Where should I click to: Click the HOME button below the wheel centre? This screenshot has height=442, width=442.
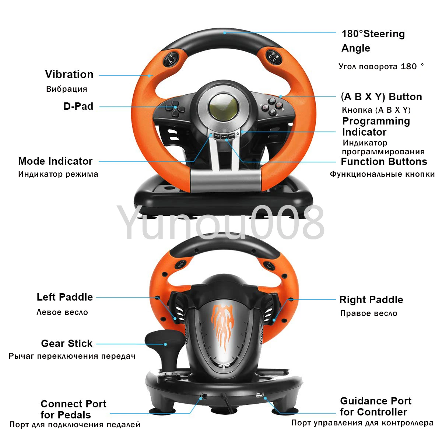(x=224, y=136)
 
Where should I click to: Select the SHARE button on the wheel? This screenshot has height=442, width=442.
(x=217, y=136)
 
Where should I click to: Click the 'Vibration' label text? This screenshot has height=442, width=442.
(x=69, y=74)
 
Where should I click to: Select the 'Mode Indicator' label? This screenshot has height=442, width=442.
(x=55, y=161)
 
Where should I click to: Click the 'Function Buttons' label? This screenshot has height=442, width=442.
(x=384, y=161)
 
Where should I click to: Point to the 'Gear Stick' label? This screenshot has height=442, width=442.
(x=67, y=343)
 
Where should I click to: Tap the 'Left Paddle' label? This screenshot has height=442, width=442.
(x=65, y=297)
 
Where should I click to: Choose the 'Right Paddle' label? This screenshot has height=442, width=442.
(x=371, y=299)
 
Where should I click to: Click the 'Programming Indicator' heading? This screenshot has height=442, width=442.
(x=376, y=126)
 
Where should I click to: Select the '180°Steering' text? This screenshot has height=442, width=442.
(x=373, y=34)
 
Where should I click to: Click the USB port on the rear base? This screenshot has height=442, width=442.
(x=259, y=395)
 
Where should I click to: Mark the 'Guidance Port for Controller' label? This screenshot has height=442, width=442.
(x=375, y=406)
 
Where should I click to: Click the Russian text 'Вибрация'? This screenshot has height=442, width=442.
(x=67, y=89)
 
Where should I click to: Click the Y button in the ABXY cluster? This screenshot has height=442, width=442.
(x=271, y=100)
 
